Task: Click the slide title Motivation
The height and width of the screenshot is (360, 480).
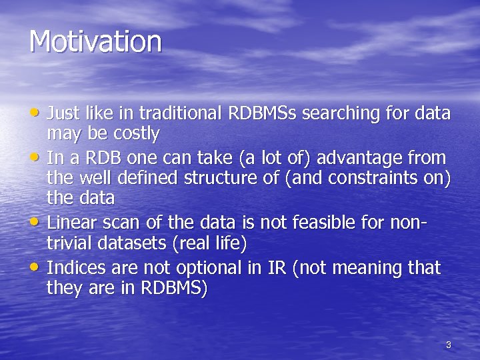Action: coord(95,41)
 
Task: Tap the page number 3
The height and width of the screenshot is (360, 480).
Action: coord(448,345)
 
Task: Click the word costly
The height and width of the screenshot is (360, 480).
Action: coord(136,135)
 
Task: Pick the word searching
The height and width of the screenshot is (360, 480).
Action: coord(339,113)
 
